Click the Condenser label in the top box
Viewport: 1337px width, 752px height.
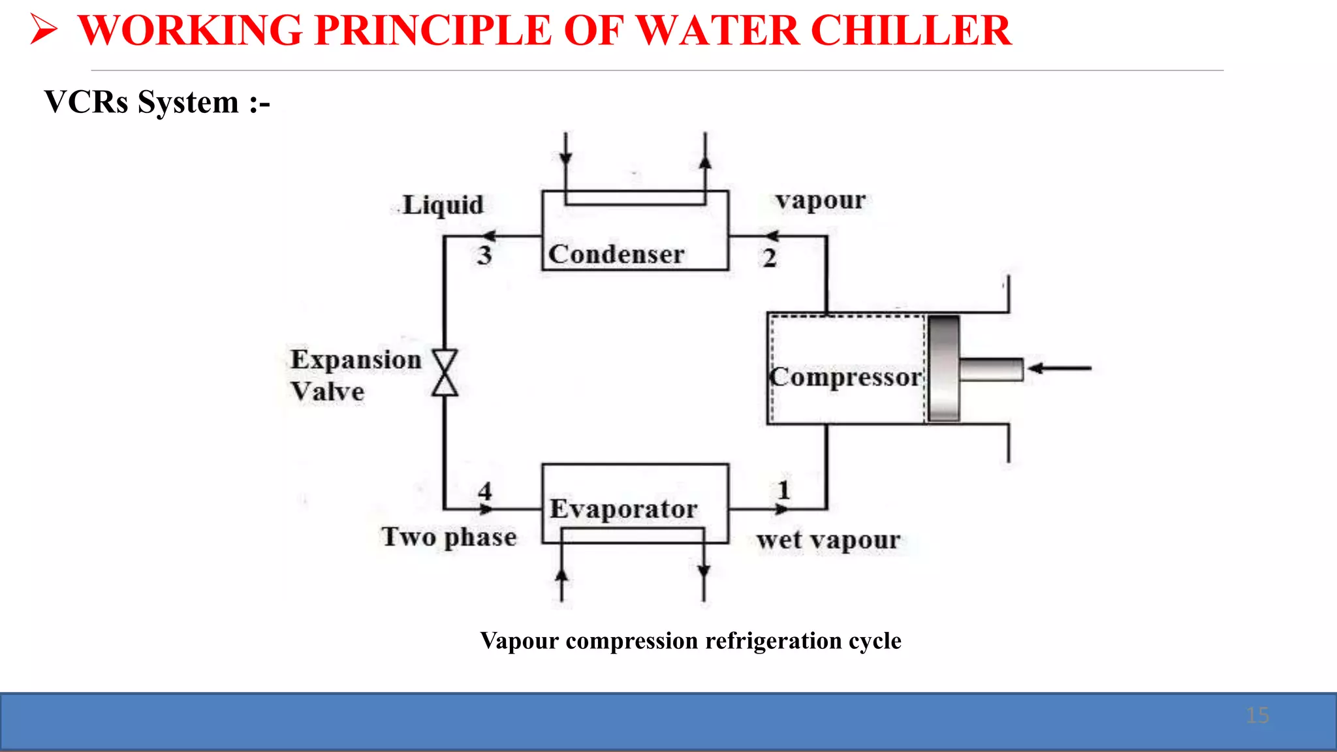(x=616, y=254)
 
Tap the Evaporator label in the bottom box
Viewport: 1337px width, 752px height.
(x=623, y=509)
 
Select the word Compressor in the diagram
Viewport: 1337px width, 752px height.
(x=846, y=377)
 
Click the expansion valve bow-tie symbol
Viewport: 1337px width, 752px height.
(x=445, y=373)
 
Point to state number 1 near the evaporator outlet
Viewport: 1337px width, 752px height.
(x=784, y=490)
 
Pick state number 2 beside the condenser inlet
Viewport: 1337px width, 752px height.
(x=770, y=258)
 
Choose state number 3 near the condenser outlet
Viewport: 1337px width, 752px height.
(x=484, y=255)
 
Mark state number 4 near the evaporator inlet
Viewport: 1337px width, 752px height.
(x=484, y=491)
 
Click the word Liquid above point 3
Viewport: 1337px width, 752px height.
(x=443, y=205)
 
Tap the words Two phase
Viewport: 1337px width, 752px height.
(x=449, y=537)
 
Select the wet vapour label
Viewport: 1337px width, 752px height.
(x=828, y=540)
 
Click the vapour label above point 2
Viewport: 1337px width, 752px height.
(x=821, y=200)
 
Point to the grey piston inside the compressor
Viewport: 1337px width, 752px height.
(x=943, y=368)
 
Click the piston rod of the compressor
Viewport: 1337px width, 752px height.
(x=990, y=369)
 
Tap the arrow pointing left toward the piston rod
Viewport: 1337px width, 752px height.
(x=1060, y=369)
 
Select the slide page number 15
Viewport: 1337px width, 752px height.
(x=1257, y=715)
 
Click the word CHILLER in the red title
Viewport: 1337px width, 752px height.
(x=911, y=30)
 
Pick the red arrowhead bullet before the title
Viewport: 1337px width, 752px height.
(x=44, y=30)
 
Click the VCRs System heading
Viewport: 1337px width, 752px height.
(x=157, y=102)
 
